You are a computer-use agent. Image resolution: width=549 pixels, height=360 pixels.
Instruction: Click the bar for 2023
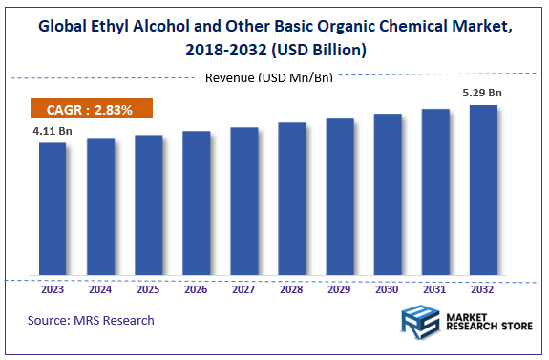click(53, 210)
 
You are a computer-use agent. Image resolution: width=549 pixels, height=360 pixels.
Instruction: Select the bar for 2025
click(148, 206)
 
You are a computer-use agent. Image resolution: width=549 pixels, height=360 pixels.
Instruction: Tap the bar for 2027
click(244, 202)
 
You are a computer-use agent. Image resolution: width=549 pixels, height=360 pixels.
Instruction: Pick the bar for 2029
click(340, 198)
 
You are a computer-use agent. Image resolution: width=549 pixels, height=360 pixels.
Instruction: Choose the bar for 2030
click(388, 196)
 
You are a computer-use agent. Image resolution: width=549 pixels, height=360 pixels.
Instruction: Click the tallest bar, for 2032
click(483, 191)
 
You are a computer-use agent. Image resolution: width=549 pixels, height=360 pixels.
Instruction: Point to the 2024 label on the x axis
click(100, 288)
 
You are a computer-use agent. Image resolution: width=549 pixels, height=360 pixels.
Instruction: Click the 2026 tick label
click(196, 288)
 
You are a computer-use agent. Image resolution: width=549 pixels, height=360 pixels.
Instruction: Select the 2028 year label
click(292, 288)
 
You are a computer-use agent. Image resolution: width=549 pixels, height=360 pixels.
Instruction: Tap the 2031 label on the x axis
click(435, 288)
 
